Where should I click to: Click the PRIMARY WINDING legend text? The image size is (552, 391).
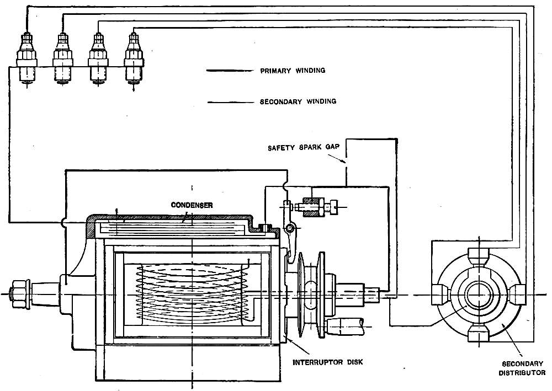292,71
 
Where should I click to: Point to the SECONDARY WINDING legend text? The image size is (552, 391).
298,101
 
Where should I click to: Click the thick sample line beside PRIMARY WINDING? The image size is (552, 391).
228,71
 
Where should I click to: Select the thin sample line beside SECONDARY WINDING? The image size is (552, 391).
228,102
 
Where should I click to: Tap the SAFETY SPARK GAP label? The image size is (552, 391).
303,148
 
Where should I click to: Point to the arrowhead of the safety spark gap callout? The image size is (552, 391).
344,163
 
